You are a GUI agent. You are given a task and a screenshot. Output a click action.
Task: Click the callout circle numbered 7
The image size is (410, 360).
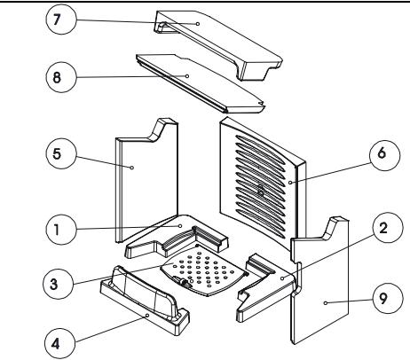(x=61, y=20)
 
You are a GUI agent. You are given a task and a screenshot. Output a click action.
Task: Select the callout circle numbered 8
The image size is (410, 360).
(x=61, y=77)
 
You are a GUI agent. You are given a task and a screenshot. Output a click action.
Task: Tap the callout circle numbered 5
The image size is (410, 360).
(x=61, y=154)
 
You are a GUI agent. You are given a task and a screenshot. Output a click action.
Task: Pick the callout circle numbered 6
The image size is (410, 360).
(x=384, y=154)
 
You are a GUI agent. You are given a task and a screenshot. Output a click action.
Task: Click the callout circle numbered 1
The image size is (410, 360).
(x=61, y=230)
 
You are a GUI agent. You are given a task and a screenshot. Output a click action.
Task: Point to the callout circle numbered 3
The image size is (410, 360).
(x=58, y=284)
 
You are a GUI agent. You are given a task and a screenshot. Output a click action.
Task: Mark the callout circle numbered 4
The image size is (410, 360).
(x=60, y=344)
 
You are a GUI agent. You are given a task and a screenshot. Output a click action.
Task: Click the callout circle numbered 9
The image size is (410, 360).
(x=387, y=298)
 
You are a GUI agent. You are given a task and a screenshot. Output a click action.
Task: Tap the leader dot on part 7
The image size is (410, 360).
(x=198, y=24)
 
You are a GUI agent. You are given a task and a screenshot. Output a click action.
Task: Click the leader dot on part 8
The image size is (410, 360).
(x=187, y=76)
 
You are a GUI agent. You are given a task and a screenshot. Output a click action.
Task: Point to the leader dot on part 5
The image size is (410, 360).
(x=132, y=168)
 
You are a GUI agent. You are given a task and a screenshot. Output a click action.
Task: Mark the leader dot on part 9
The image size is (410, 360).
(x=326, y=303)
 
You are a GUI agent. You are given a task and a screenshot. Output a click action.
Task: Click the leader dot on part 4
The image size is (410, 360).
(x=147, y=316)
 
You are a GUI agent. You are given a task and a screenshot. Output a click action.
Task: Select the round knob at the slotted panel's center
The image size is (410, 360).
(x=261, y=190)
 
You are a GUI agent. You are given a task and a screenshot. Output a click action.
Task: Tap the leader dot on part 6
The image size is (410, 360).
(x=290, y=183)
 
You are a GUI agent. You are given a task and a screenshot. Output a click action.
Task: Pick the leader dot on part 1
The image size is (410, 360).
(x=180, y=226)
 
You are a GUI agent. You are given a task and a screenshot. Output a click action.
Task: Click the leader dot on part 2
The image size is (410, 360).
(x=282, y=278)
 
